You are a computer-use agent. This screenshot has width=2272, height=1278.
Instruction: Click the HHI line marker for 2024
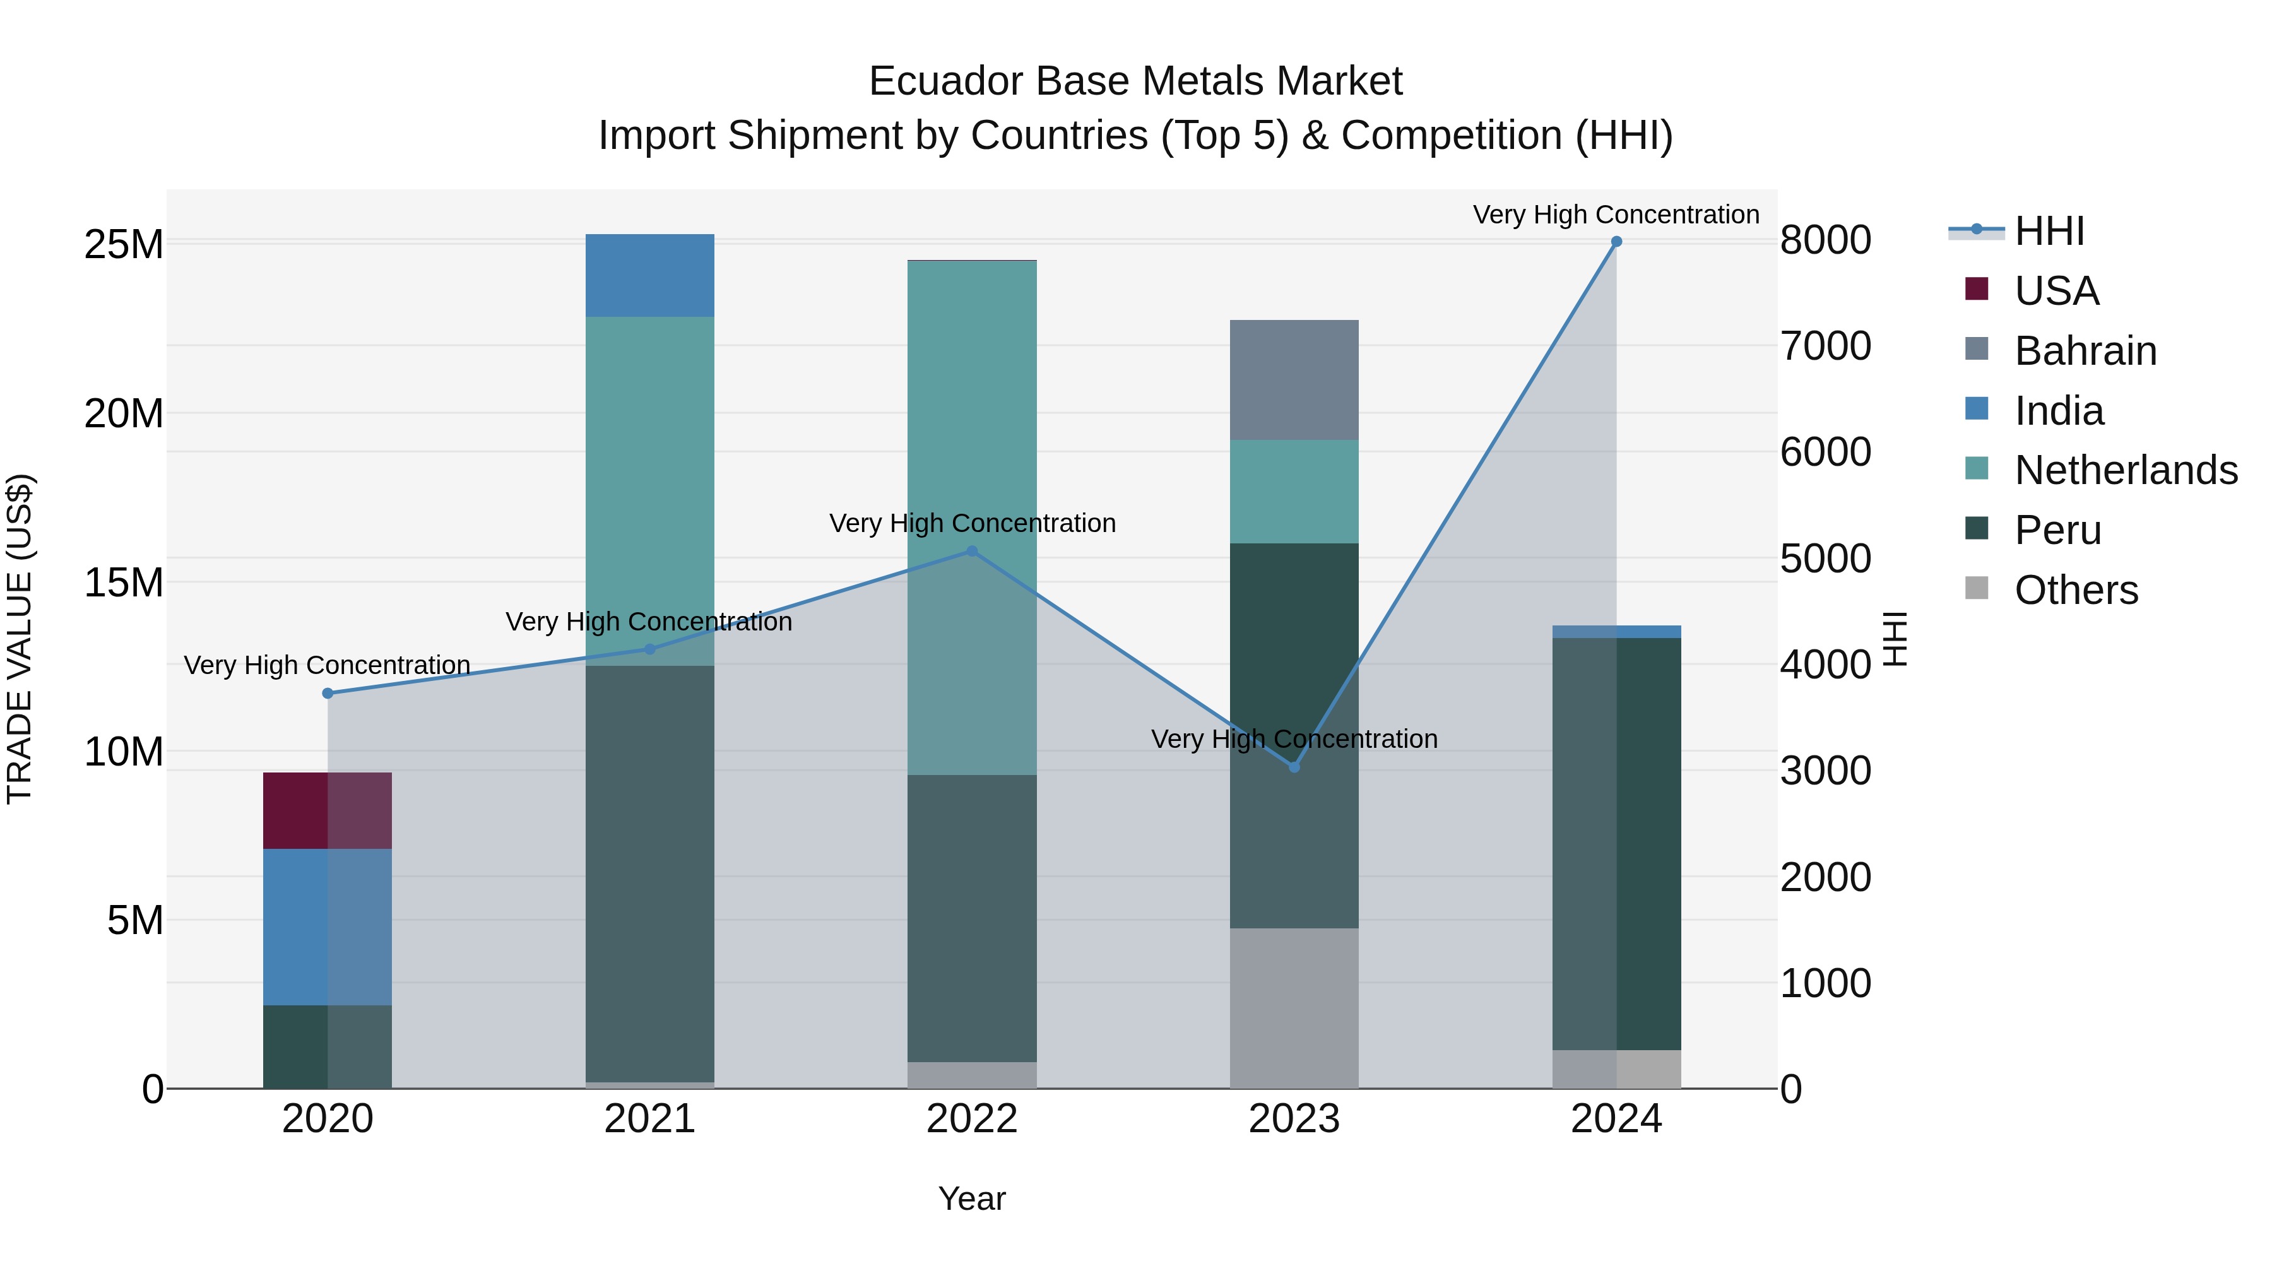tap(1616, 242)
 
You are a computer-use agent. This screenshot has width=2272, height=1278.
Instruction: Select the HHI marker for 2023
tap(1294, 767)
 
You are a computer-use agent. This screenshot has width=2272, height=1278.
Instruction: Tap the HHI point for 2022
tap(972, 551)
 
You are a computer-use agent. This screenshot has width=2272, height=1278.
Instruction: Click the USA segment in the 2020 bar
tap(327, 810)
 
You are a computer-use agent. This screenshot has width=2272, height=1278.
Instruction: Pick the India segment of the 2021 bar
tap(650, 275)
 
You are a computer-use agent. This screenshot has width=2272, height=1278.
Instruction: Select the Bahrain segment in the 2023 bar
tap(1294, 380)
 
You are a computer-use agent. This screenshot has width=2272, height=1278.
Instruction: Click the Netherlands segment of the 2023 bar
tap(1294, 491)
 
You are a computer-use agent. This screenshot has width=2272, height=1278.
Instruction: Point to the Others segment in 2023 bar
tap(1294, 1007)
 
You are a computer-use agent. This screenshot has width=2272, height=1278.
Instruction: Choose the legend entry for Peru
tap(2057, 530)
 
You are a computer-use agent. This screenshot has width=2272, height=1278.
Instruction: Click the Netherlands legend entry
tap(2126, 470)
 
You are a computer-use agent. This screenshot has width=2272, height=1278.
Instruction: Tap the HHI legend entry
tap(2049, 231)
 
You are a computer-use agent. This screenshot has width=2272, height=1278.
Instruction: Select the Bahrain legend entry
tap(2085, 351)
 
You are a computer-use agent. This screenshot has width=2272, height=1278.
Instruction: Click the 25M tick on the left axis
tap(124, 244)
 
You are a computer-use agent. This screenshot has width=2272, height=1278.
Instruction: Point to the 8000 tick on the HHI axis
tap(1825, 240)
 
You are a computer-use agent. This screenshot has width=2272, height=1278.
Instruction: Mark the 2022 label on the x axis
tap(972, 1119)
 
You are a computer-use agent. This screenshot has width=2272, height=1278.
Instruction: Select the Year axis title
tap(972, 1198)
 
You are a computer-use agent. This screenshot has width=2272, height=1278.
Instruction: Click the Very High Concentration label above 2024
tap(1616, 215)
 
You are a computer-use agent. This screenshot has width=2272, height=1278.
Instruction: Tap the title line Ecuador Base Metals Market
tap(1135, 81)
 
